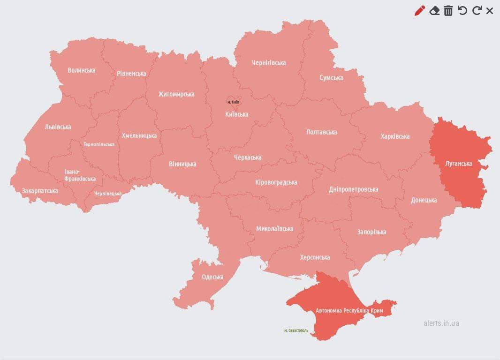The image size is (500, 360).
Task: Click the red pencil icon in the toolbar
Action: click(x=420, y=11)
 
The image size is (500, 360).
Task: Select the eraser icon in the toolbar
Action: click(x=434, y=11)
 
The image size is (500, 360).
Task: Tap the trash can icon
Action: click(x=448, y=11)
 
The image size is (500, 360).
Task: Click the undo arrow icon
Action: click(x=462, y=11)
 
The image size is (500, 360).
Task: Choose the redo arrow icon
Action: click(x=477, y=11)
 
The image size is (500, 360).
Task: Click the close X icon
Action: click(x=490, y=11)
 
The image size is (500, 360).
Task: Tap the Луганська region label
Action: click(x=459, y=164)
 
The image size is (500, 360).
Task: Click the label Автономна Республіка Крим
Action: click(x=349, y=311)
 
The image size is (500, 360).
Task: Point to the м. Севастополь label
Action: click(x=296, y=330)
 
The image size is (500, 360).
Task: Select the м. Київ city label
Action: click(x=233, y=102)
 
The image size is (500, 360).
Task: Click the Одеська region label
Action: click(x=212, y=277)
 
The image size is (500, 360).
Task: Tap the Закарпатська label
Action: click(x=40, y=191)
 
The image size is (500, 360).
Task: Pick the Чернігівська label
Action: click(x=269, y=63)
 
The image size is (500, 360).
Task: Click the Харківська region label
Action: click(x=395, y=136)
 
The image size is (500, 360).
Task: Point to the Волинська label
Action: click(x=81, y=70)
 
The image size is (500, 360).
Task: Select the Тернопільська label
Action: click(x=99, y=144)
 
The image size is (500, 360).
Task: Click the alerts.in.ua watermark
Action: click(x=441, y=323)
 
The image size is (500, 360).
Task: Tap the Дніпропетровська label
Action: click(x=353, y=189)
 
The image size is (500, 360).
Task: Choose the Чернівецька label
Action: click(x=107, y=194)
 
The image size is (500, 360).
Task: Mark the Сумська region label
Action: click(x=331, y=78)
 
